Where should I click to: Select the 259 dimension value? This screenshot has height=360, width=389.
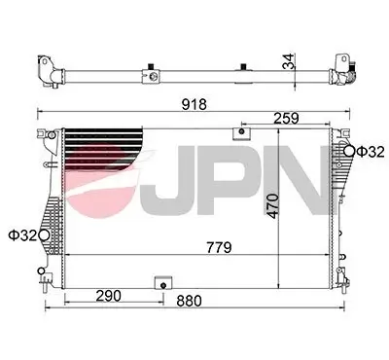pyautogui.click(x=287, y=118)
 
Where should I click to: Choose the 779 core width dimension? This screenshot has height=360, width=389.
pyautogui.click(x=217, y=248)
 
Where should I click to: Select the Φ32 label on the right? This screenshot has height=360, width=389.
pyautogui.click(x=370, y=151)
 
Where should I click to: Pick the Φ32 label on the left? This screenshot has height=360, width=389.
pyautogui.click(x=21, y=234)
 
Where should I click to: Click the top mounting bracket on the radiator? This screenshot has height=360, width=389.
pyautogui.click(x=239, y=133)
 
